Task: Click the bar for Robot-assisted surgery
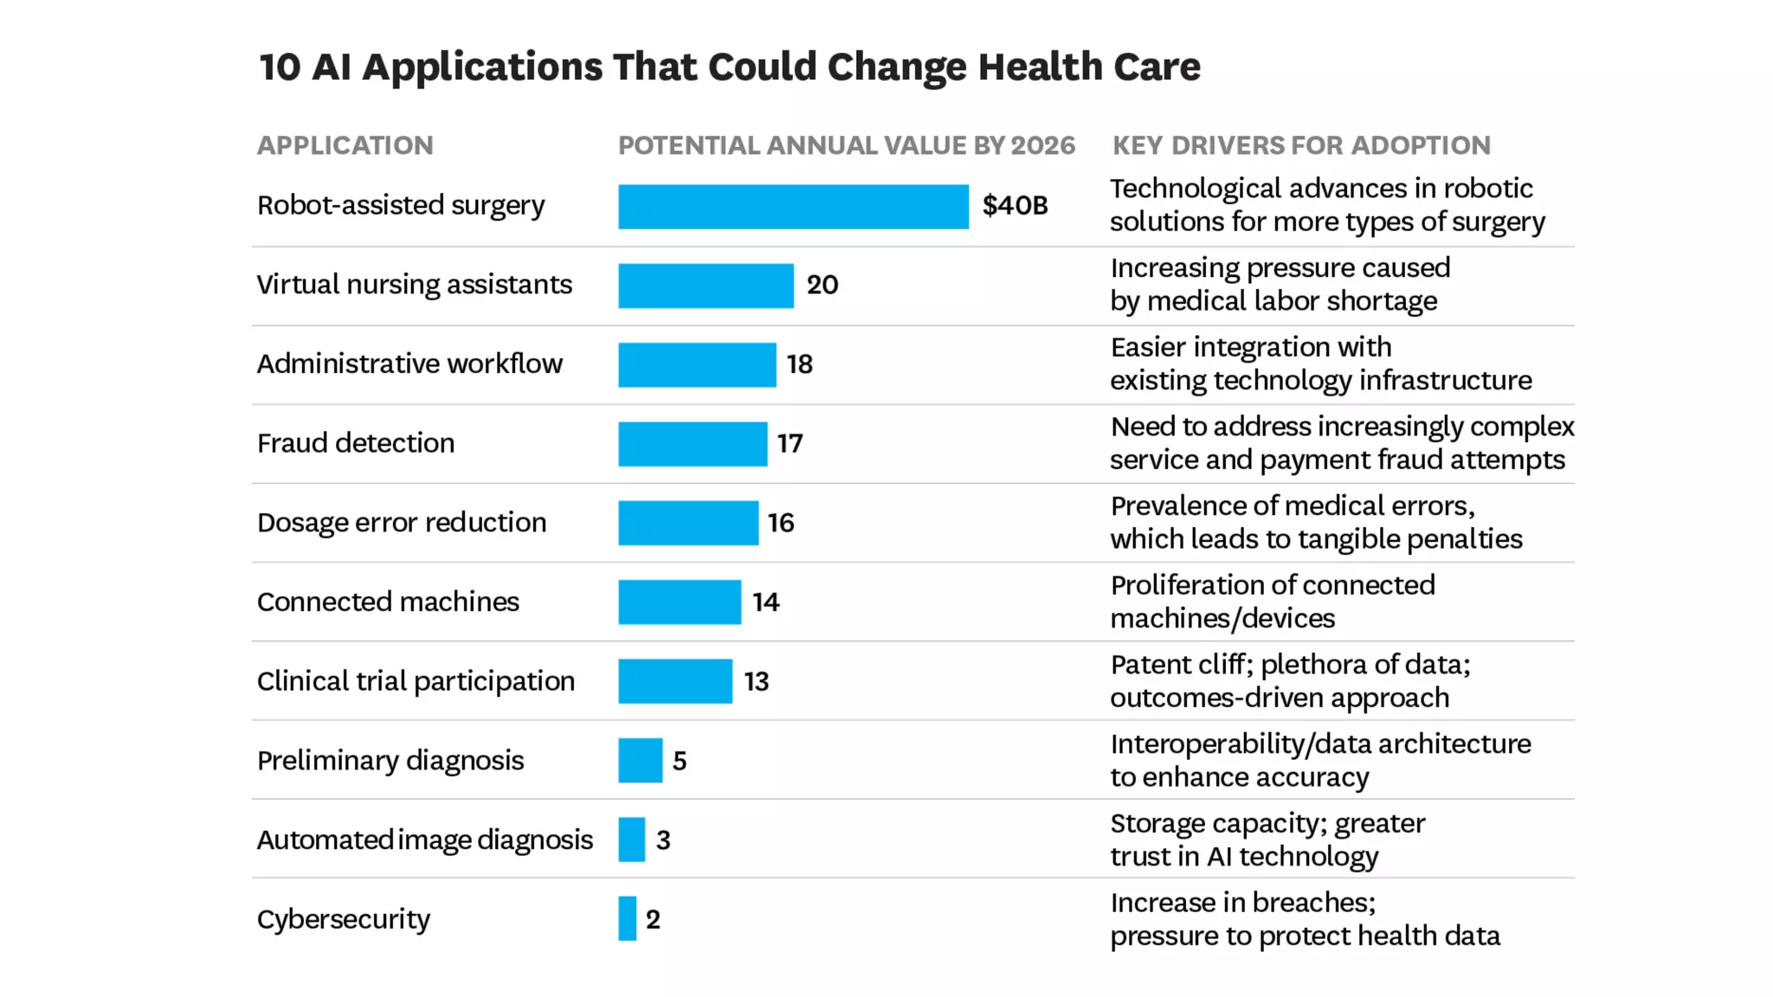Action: [793, 207]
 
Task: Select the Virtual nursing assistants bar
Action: [706, 286]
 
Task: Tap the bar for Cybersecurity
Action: [627, 919]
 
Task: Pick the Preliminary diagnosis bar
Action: [640, 761]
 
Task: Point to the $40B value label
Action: [1015, 206]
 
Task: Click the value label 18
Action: [799, 364]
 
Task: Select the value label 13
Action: [756, 682]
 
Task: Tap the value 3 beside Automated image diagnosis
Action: [663, 840]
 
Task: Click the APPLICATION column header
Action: [345, 145]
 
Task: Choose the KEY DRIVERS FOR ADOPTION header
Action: [1301, 145]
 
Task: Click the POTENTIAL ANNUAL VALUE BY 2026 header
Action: [846, 145]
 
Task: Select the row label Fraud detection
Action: [355, 443]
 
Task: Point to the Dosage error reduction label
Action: [402, 523]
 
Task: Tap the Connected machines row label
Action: [388, 602]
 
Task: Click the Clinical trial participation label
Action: [416, 682]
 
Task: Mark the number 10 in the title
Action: [280, 68]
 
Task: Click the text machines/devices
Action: [1222, 619]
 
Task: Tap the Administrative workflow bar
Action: [697, 365]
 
